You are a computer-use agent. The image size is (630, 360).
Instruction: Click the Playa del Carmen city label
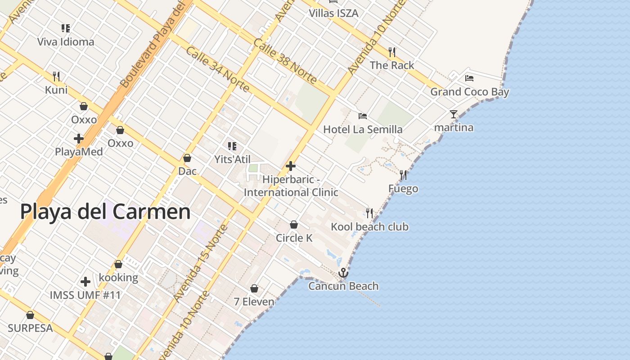click(x=105, y=211)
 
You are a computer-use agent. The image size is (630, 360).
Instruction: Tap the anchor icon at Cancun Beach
click(x=343, y=273)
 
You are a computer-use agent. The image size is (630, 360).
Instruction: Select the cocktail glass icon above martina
click(x=454, y=114)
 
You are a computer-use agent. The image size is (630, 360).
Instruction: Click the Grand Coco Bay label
click(x=470, y=92)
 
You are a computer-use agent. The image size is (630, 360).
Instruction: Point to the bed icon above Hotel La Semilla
click(x=363, y=116)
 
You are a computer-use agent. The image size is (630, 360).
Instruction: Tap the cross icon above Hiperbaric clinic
click(x=291, y=166)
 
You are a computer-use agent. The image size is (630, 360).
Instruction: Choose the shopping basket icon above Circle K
click(x=294, y=224)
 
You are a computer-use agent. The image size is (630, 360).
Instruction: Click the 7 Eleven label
click(x=254, y=301)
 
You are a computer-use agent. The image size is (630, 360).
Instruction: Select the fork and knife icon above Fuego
click(x=403, y=175)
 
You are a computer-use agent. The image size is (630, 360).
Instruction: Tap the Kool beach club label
click(x=370, y=226)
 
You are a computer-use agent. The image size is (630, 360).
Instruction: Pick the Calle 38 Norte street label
click(x=285, y=62)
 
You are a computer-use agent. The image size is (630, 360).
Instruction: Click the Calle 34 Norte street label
click(x=217, y=69)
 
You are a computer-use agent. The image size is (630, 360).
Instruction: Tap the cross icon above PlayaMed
click(x=79, y=139)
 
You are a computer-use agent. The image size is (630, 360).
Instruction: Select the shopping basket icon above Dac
click(x=187, y=158)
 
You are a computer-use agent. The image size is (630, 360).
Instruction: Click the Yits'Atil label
click(x=232, y=159)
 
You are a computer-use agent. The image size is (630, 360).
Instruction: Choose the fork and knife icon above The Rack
click(x=392, y=52)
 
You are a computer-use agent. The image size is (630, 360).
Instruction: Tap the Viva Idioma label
click(x=66, y=42)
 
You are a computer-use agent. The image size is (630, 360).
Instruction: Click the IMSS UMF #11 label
click(x=85, y=295)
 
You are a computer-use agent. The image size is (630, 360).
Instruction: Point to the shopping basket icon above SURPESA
click(x=30, y=315)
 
